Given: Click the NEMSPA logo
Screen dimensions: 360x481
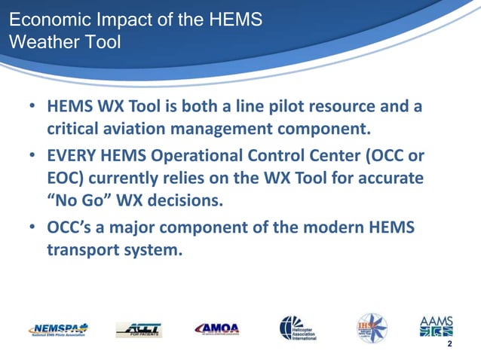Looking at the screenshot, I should coord(59,329).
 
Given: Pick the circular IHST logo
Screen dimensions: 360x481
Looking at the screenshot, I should coord(372,328).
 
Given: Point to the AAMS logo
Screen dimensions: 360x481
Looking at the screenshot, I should coord(437,326).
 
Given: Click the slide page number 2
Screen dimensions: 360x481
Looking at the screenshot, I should coord(449,345).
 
